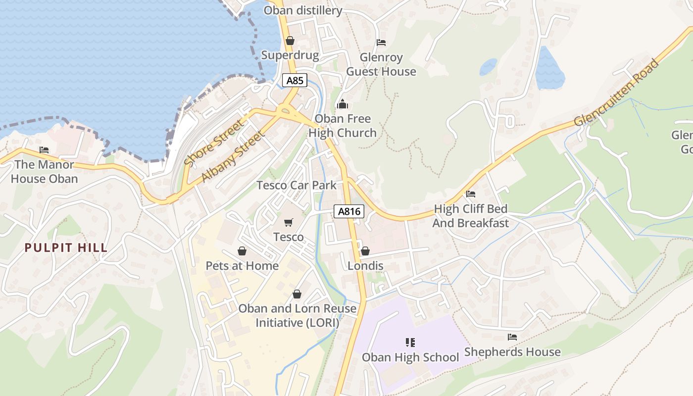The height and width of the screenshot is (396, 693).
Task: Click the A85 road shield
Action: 295,80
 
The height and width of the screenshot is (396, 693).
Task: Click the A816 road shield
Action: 349,212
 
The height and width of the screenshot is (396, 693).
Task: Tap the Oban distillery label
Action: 303,10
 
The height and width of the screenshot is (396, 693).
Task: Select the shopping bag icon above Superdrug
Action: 290,41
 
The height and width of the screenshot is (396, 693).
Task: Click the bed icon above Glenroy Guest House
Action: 381,43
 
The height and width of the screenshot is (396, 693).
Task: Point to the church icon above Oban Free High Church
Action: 343,104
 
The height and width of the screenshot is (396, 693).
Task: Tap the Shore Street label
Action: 214,143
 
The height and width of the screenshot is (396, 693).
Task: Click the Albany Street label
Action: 232,156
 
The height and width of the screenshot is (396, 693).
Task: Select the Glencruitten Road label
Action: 617,93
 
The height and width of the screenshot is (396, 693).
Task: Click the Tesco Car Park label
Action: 296,185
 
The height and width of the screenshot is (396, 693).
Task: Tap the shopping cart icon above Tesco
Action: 289,223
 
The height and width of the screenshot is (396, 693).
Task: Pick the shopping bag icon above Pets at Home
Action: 242,251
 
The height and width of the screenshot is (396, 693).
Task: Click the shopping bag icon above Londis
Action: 365,251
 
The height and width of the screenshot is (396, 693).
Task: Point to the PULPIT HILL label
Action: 66,248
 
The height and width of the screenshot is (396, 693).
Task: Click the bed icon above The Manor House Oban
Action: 44,150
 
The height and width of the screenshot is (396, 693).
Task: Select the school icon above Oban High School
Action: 410,343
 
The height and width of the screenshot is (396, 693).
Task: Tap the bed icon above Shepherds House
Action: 512,337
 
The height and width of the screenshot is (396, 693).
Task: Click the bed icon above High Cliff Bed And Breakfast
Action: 470,194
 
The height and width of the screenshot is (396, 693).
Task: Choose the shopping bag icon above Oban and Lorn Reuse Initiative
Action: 297,294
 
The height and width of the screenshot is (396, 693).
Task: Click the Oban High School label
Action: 410,357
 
